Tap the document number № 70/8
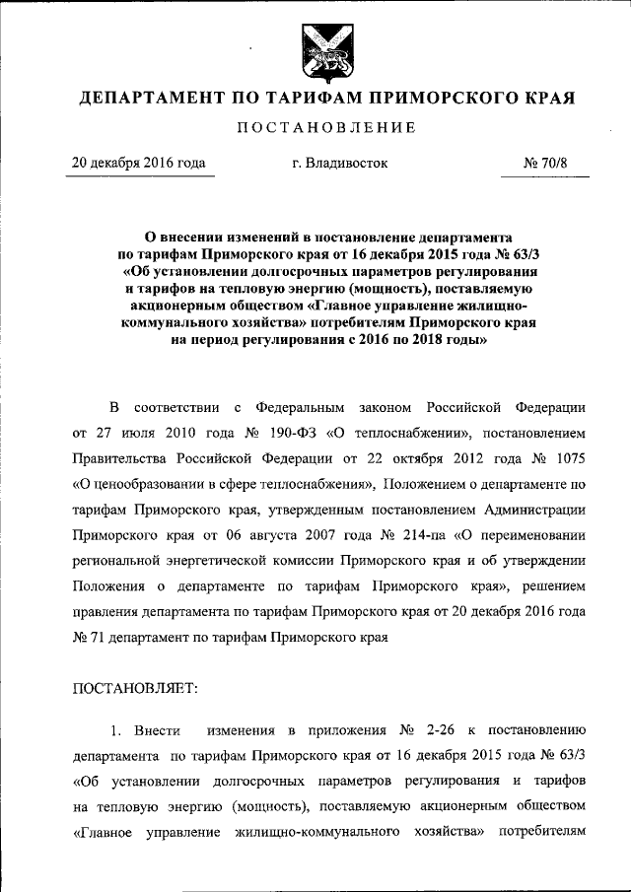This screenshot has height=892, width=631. click(x=545, y=163)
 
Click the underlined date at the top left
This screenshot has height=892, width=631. click(x=138, y=163)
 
